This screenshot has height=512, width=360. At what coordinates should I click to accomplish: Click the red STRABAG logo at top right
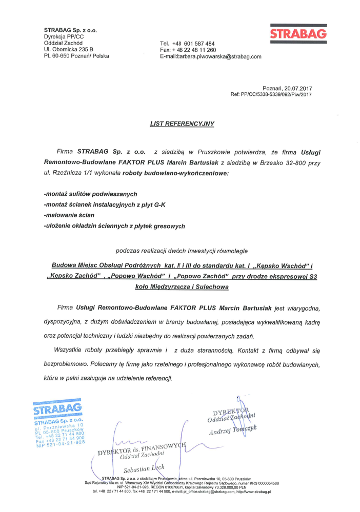click(298, 34)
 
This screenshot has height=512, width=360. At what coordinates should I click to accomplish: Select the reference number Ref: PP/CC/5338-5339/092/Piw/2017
click(271, 95)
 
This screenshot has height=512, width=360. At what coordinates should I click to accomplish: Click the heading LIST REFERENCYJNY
click(182, 124)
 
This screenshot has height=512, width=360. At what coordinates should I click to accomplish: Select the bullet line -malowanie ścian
click(66, 215)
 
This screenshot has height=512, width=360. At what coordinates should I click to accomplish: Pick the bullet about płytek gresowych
click(114, 226)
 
